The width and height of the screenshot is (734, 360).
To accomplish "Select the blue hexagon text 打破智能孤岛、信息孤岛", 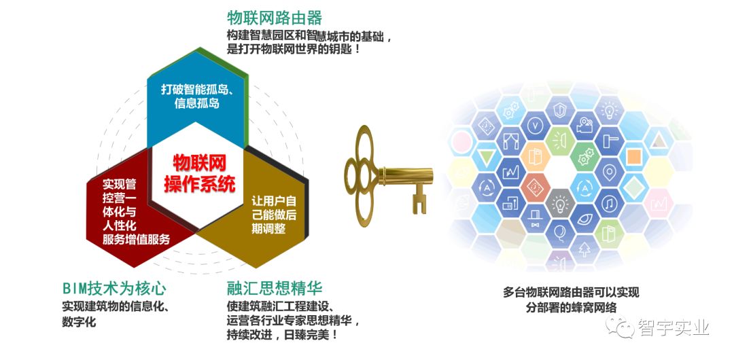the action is click(x=197, y=96).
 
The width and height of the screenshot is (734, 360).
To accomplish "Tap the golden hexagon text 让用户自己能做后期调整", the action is click(x=274, y=215).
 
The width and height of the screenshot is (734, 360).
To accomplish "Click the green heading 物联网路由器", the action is click(x=275, y=18).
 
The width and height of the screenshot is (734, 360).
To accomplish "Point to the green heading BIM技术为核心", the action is click(x=114, y=288).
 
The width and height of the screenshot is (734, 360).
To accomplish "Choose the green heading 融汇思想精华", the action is click(x=275, y=288).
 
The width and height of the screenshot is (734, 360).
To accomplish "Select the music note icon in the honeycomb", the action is click(x=609, y=203).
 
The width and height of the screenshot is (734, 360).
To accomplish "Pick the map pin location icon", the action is click(x=609, y=173).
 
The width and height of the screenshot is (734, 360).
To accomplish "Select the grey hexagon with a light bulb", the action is click(x=560, y=203).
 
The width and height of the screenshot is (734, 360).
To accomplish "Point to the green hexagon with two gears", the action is click(x=584, y=157).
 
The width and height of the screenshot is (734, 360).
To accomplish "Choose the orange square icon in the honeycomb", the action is click(x=634, y=157).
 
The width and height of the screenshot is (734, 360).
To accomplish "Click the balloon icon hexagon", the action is click(x=560, y=234).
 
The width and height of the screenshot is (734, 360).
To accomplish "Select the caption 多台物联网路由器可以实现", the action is click(x=571, y=293).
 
